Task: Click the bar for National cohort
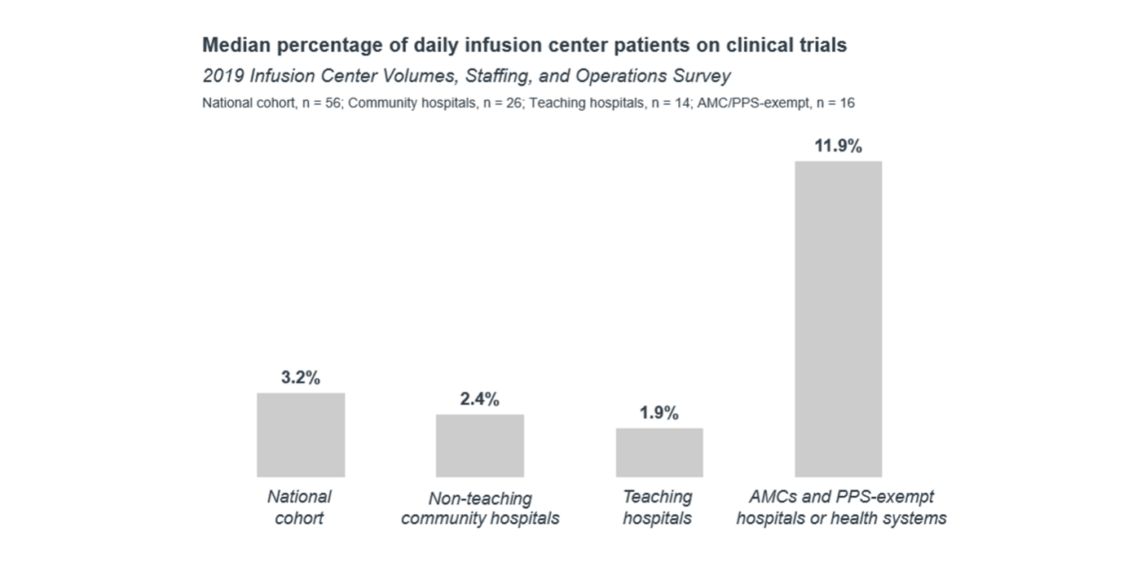[x=301, y=435]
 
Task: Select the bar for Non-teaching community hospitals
[x=479, y=446]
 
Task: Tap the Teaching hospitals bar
[x=659, y=452]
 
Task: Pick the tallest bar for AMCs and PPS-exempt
[x=838, y=319]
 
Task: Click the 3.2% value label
[x=301, y=378]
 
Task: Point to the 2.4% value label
[x=479, y=399]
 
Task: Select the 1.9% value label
[x=659, y=413]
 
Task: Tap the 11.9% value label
[x=838, y=147]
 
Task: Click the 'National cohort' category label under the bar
[x=299, y=507]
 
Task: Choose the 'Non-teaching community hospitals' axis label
[x=480, y=508]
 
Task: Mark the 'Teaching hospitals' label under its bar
[x=658, y=507]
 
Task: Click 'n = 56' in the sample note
[x=319, y=103]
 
